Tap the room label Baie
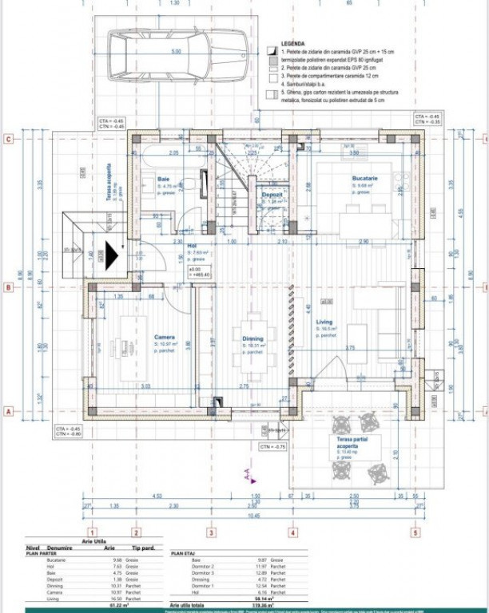(x=164, y=179)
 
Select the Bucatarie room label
(x=365, y=178)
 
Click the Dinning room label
(x=252, y=338)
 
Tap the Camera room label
(x=165, y=337)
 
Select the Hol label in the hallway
(x=192, y=245)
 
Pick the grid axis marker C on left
(x=8, y=139)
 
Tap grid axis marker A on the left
(x=8, y=412)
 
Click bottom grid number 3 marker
(x=211, y=532)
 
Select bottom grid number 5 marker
(x=415, y=532)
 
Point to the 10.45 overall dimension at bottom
(x=253, y=516)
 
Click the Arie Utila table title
(x=95, y=541)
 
